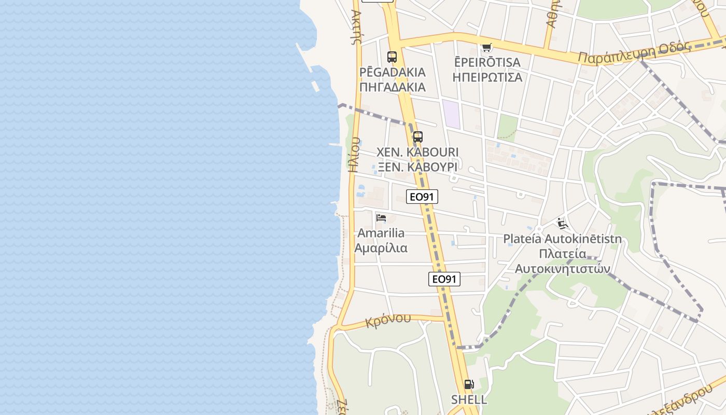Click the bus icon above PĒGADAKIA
pos(392,57)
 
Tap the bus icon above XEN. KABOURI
pos(417,137)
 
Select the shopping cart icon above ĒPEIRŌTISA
pos(486,48)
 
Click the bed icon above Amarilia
pos(382,218)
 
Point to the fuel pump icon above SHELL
pos(469,384)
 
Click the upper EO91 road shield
pos(422,196)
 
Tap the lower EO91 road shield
pos(444,279)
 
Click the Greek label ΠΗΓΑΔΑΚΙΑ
pos(393,87)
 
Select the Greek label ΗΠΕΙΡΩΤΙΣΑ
pos(487,77)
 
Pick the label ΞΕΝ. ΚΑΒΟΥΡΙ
pos(417,167)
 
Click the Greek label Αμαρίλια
pos(381,248)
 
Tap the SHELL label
pos(469,399)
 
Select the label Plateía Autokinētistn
pos(562,239)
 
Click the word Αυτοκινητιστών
pos(562,269)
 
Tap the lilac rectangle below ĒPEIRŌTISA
pos(451,114)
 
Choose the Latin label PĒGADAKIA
pos(393,72)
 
